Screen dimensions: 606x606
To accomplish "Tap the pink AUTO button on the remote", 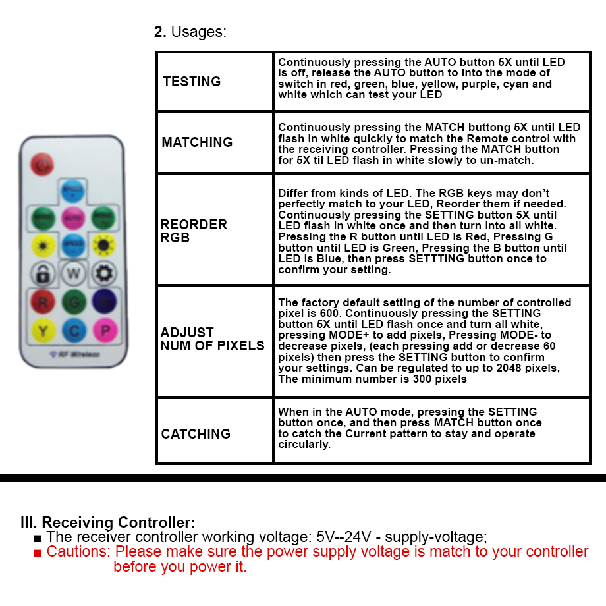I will (x=72, y=217).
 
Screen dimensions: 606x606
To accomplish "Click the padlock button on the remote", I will (x=43, y=273).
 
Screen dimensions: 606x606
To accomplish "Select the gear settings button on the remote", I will (x=103, y=273).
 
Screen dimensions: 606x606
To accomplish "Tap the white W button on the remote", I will (x=73, y=273).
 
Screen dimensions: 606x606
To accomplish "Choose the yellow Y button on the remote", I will (x=43, y=329).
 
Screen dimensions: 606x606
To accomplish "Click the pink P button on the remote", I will (x=103, y=329).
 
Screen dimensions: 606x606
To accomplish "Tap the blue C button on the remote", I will (x=73, y=329).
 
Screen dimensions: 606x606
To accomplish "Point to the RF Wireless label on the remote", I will (x=74, y=354).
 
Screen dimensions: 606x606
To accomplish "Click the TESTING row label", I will (x=192, y=82).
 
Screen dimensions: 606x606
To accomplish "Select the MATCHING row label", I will (x=197, y=142).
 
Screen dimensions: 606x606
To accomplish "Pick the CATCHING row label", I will (x=196, y=434).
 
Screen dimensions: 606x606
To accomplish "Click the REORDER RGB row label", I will (x=194, y=231).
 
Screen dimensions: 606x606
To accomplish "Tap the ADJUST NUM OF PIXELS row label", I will (x=212, y=339).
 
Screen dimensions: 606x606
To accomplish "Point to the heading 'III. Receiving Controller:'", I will (x=108, y=523).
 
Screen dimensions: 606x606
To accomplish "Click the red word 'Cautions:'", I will (x=78, y=551).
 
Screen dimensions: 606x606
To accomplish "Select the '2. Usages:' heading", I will (x=190, y=32).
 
